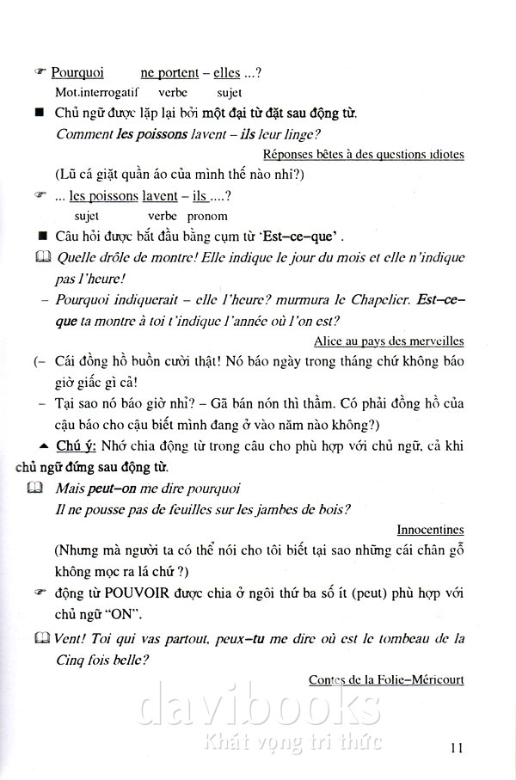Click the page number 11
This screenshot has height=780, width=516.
coord(456,746)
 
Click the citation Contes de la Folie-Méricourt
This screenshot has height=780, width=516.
coord(386,679)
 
